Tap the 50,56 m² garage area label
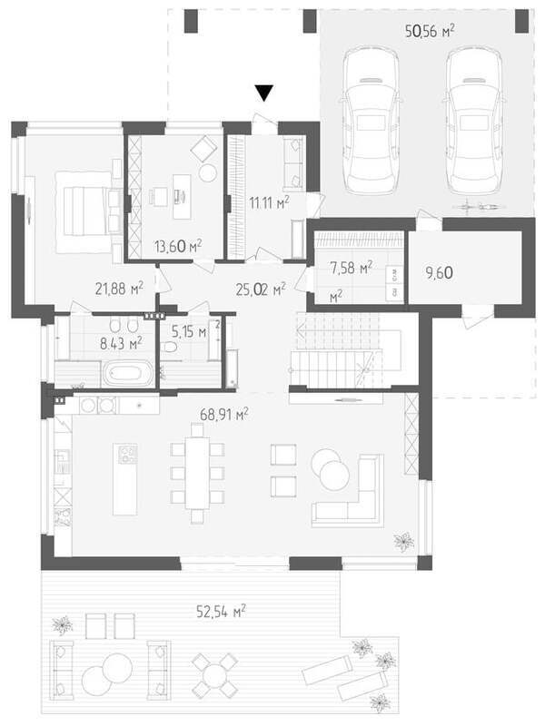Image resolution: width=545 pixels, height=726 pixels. pos(430,31)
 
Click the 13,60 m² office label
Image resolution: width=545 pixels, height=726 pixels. pos(177,246)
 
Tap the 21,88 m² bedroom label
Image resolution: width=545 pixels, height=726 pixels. pos(119,288)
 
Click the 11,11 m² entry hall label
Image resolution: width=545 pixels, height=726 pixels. pos(269,202)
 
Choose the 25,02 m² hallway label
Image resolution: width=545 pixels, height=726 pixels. pos(261,289)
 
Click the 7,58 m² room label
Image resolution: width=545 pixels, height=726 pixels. pos(351,267)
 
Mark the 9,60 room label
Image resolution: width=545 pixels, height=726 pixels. pos(439,273)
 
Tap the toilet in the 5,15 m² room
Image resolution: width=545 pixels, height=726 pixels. pos(170,347)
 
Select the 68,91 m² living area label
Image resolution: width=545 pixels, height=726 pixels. pos(223,414)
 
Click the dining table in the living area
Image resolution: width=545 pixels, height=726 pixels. pos(197,472)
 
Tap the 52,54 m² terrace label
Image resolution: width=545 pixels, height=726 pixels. pos(221,611)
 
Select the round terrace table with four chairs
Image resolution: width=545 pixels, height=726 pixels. pos(215,675)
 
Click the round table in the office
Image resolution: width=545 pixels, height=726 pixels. pos(208,172)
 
